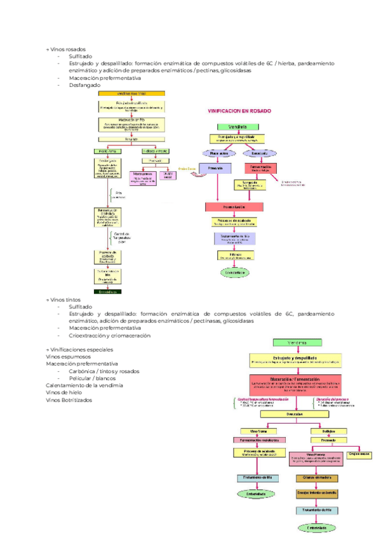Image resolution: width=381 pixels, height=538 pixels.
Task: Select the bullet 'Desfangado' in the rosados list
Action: click(84, 84)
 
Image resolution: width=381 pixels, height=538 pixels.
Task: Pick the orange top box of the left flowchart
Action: click(131, 93)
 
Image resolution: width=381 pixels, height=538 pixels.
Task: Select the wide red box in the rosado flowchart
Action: click(234, 207)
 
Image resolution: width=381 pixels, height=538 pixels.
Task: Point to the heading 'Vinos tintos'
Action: click(65, 299)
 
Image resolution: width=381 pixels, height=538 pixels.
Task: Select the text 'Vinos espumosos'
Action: click(67, 357)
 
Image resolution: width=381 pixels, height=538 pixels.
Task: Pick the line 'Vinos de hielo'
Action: click(65, 393)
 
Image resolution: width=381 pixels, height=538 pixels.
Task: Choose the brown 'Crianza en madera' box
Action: click(317, 478)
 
